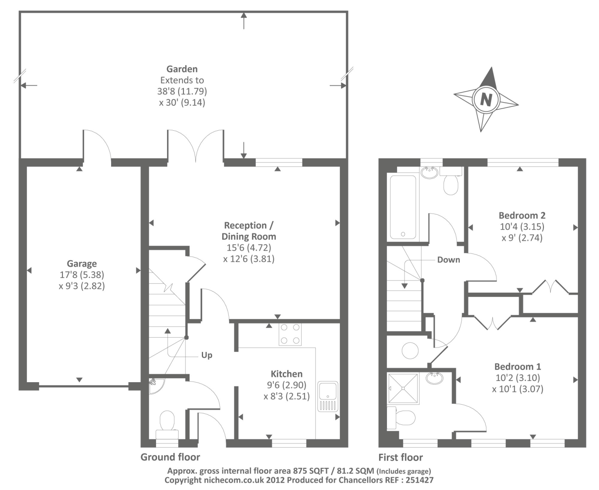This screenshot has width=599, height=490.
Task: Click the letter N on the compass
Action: (x=486, y=99)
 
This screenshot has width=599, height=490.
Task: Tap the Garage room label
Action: (x=82, y=263)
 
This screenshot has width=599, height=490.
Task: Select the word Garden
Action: (x=182, y=69)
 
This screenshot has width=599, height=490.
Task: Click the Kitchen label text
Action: (x=286, y=374)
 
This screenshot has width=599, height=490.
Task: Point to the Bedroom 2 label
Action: (x=522, y=216)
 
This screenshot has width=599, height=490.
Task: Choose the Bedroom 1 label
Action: (x=518, y=367)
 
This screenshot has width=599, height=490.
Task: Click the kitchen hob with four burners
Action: (x=290, y=334)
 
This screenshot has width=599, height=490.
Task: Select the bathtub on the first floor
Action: (x=403, y=207)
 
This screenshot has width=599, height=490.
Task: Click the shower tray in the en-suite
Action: (x=403, y=388)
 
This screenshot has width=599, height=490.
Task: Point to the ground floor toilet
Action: (x=167, y=425)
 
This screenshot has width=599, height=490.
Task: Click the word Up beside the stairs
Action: (x=207, y=355)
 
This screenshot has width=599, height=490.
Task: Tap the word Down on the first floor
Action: (x=449, y=260)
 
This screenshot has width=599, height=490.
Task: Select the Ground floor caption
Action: (x=170, y=457)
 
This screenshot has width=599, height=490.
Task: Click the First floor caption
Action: (x=401, y=457)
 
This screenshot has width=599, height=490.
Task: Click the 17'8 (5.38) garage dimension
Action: (x=82, y=274)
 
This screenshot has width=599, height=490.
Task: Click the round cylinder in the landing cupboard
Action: (x=410, y=351)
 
